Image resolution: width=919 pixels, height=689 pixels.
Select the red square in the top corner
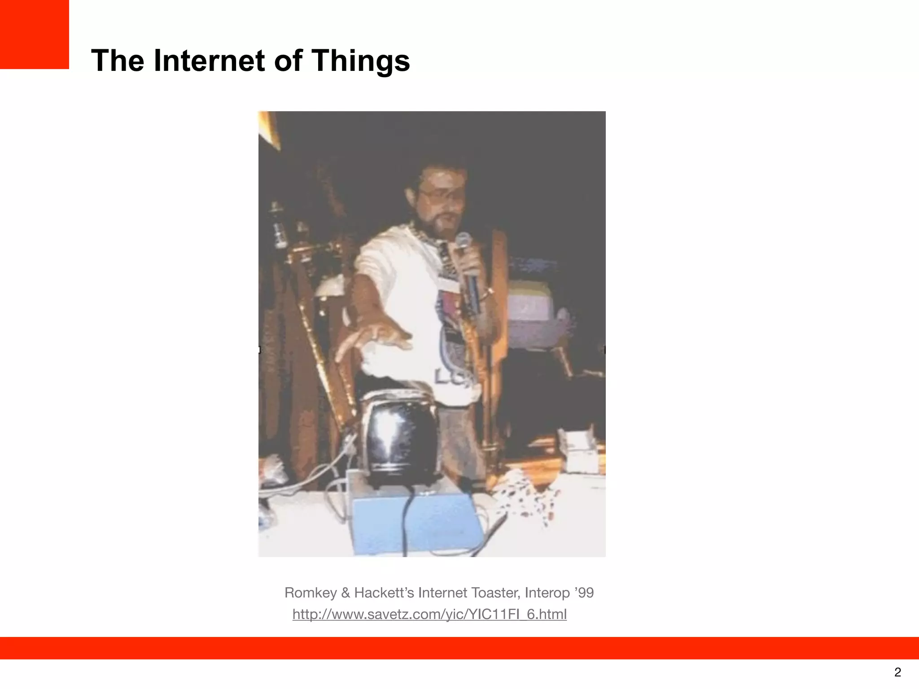(x=34, y=34)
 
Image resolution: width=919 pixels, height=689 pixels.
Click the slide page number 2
(x=897, y=672)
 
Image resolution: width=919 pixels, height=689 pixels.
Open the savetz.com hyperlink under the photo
(x=429, y=614)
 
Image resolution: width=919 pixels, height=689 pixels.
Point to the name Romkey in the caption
(x=310, y=593)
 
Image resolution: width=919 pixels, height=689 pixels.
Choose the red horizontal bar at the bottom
(x=459, y=648)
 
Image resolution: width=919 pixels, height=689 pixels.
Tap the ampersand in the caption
(x=345, y=593)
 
